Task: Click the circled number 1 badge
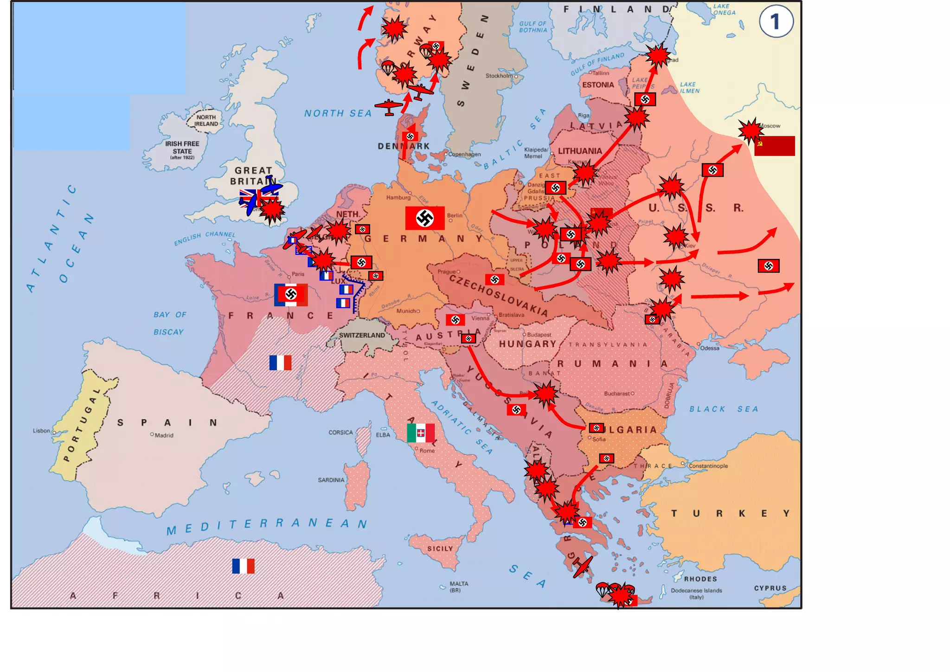[x=776, y=21]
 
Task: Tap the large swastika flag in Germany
[x=424, y=218]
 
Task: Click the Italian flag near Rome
[x=421, y=433]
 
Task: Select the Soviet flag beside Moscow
[x=774, y=146]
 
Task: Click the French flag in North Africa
[x=243, y=566]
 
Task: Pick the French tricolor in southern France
[x=280, y=362]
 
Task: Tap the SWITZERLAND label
[x=362, y=335]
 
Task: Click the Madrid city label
[x=164, y=435]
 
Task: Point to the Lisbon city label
[x=41, y=431]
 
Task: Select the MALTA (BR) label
[x=458, y=587]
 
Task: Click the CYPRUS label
[x=770, y=588]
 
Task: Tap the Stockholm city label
[x=499, y=76]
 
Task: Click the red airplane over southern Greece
[x=583, y=567]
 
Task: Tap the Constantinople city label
[x=714, y=465]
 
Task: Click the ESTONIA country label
[x=598, y=85]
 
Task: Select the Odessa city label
[x=710, y=348]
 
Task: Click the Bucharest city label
[x=616, y=394]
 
